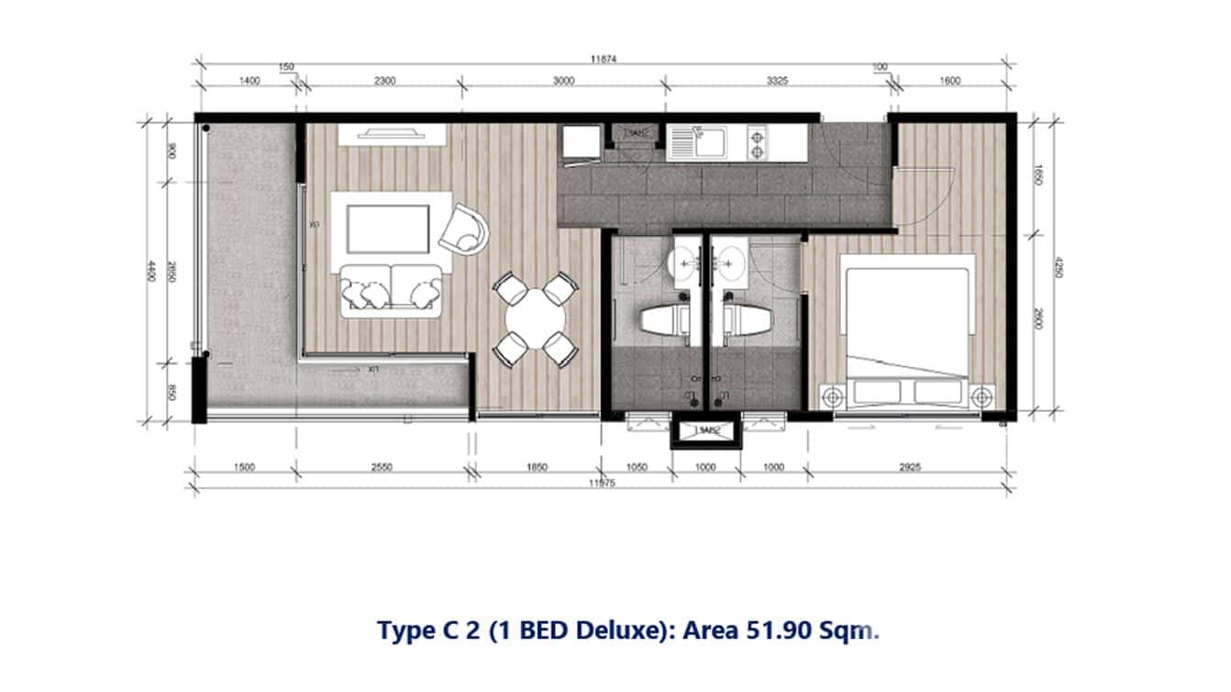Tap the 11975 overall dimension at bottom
[603, 480]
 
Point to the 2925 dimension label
[910, 467]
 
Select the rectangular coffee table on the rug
[387, 229]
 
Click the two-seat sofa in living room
[389, 289]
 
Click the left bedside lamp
[832, 397]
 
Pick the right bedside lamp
[983, 397]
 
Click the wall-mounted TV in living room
[393, 134]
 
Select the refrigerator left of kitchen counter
[580, 143]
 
